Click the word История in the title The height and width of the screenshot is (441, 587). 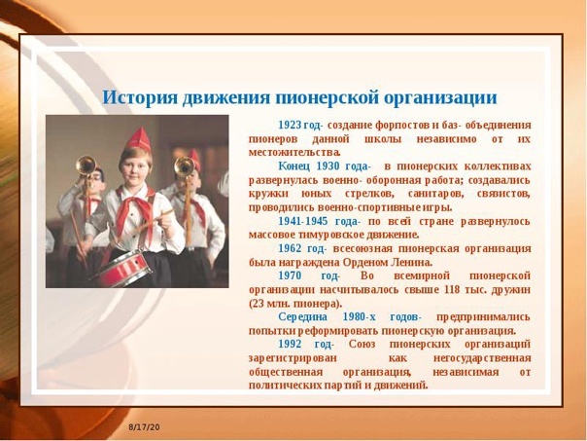[140, 98]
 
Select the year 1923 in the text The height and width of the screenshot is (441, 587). [290, 125]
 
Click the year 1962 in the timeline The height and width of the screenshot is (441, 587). [290, 248]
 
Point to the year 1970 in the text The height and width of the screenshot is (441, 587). [290, 276]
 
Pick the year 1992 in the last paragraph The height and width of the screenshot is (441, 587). [290, 345]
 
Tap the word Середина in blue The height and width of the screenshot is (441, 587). [302, 316]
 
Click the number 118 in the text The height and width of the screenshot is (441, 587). [452, 290]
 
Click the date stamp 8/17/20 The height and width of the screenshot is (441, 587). [145, 427]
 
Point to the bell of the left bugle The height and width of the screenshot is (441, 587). [86, 165]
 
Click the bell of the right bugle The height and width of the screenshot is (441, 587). [185, 166]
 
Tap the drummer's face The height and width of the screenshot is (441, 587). [135, 168]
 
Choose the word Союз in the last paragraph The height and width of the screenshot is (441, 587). [362, 345]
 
